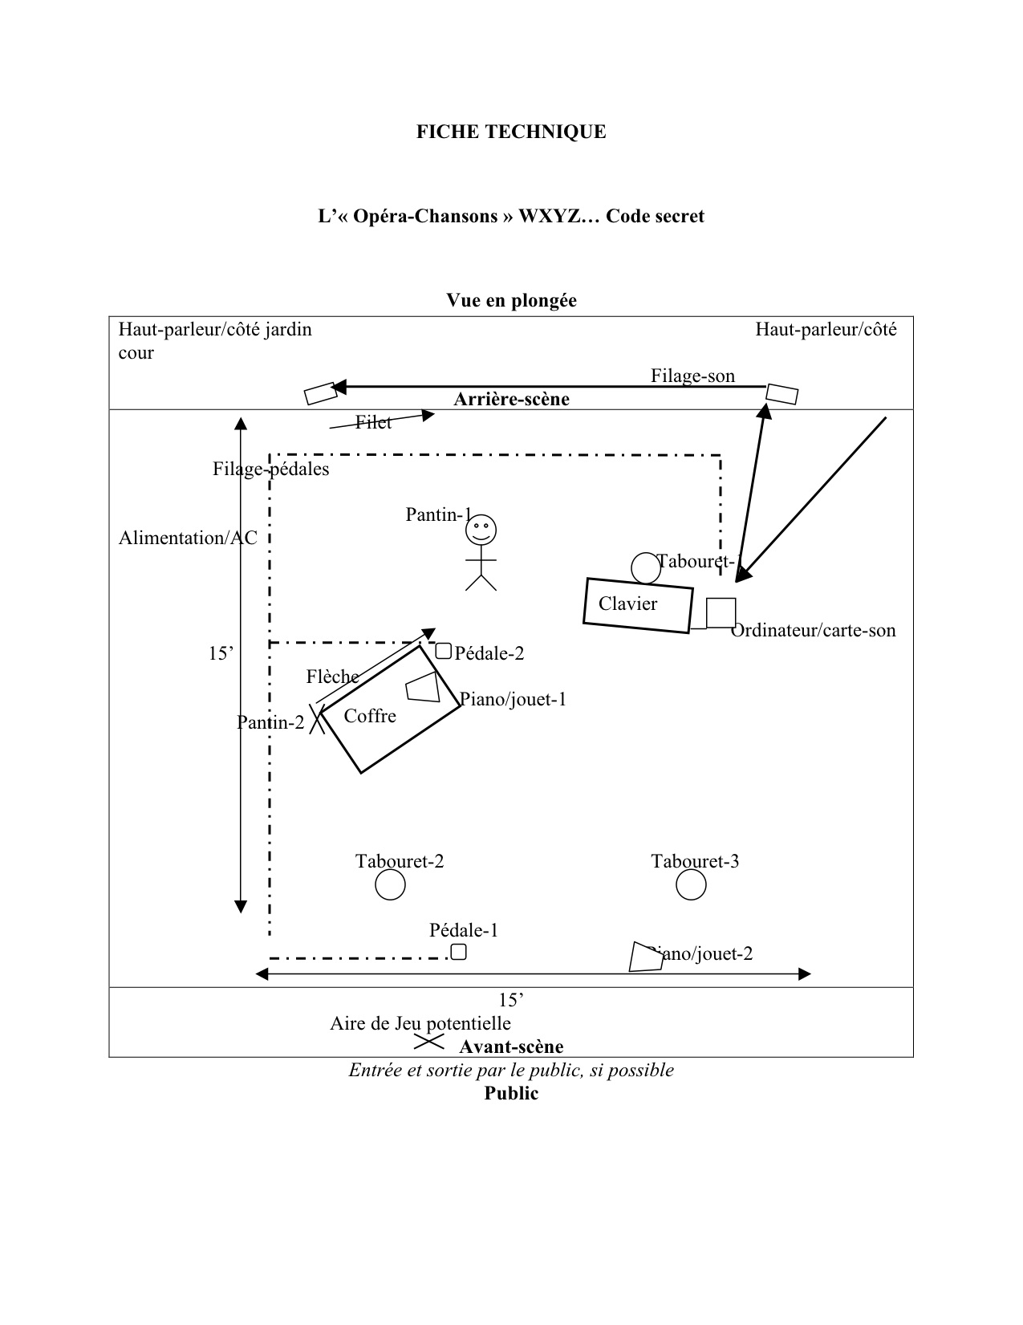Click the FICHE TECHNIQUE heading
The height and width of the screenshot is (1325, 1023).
tap(511, 132)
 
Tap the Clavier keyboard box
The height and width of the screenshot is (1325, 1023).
tap(637, 605)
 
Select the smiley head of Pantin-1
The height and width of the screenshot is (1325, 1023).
tap(481, 530)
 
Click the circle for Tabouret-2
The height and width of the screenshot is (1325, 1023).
tap(390, 885)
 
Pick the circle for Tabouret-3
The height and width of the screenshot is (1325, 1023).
tap(691, 885)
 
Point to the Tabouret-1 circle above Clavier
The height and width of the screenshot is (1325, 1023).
tap(645, 567)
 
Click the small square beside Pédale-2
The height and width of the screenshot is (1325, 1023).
tap(444, 651)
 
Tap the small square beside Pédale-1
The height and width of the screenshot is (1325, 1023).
tap(458, 952)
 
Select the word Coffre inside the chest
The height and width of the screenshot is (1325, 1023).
tap(370, 716)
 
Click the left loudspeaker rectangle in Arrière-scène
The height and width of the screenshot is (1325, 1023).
tap(321, 392)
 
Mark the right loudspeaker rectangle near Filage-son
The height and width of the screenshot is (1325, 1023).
tap(781, 393)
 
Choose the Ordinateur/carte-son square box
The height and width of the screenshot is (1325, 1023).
tap(721, 613)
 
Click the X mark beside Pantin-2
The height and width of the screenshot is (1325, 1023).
tap(317, 719)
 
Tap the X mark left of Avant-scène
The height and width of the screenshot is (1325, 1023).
tap(428, 1042)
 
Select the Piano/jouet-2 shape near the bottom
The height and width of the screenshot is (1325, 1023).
tap(646, 957)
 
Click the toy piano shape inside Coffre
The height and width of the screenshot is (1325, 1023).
tap(424, 687)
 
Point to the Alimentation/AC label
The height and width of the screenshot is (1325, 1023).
tap(188, 538)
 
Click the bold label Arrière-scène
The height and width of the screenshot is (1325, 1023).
tap(511, 400)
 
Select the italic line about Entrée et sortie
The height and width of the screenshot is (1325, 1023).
tap(511, 1070)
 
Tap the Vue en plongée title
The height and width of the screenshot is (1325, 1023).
tap(511, 300)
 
